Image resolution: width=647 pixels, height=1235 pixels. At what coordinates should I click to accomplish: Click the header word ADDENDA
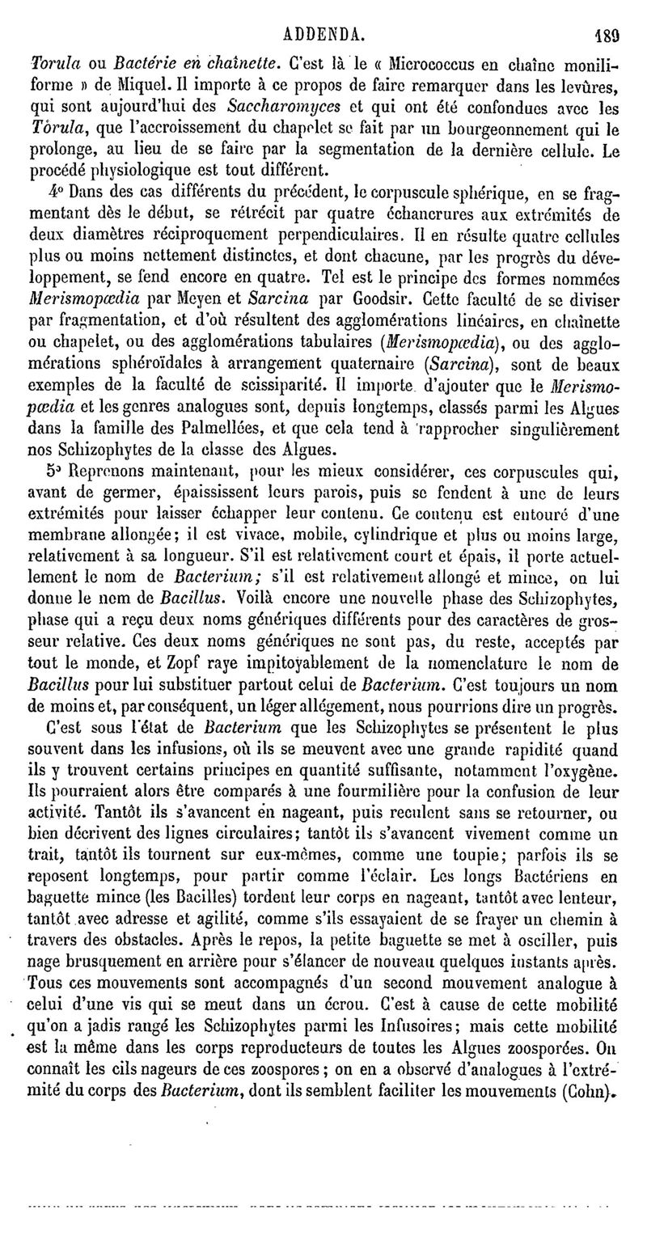point(322,13)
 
